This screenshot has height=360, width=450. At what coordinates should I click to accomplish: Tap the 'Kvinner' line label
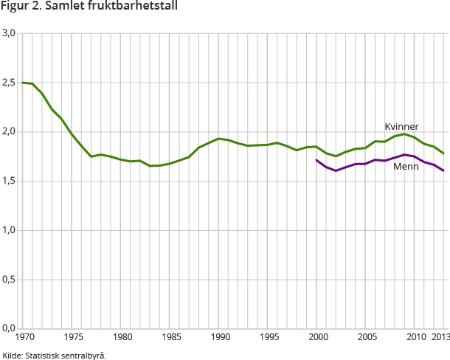[x=401, y=126]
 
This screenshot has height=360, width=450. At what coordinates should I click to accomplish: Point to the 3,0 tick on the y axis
[x=9, y=34]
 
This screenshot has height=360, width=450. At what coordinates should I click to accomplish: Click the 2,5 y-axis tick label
[x=9, y=83]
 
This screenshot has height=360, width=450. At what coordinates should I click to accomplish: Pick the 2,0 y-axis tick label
[x=9, y=132]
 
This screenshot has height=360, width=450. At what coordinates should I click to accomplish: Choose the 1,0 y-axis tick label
[x=9, y=230]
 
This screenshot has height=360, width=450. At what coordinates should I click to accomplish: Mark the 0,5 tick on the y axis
[x=9, y=280]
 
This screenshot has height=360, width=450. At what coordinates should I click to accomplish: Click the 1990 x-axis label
[x=219, y=338]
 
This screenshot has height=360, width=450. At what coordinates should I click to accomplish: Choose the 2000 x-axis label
[x=316, y=338]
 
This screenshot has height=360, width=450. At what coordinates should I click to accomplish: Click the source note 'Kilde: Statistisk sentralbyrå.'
[x=55, y=355]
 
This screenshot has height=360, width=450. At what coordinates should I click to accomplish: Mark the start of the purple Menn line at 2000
[x=316, y=160]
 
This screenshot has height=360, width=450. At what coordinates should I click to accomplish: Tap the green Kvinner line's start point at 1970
[x=23, y=83]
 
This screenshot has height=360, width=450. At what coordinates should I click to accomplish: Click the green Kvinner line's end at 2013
[x=443, y=153]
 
